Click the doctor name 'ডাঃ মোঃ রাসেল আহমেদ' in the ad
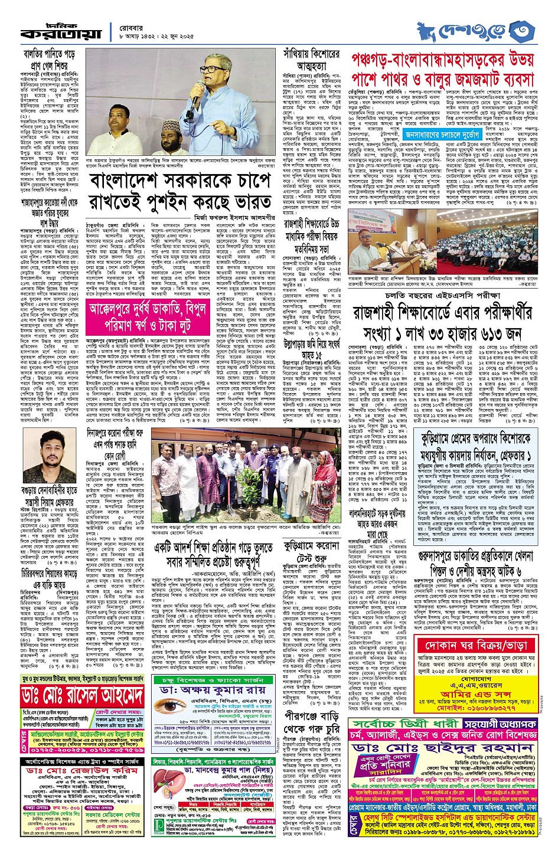83,695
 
